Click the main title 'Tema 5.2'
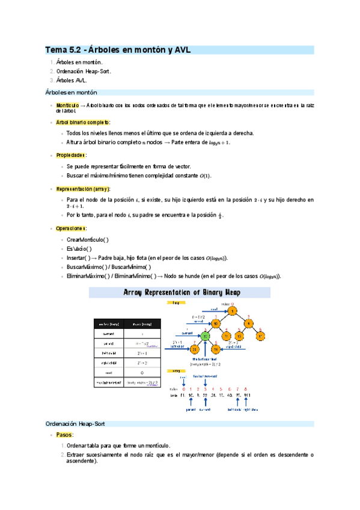(67, 50)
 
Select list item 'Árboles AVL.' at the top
(72, 79)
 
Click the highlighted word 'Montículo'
(68, 105)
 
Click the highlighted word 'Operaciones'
(72, 229)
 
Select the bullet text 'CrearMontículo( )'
(88, 239)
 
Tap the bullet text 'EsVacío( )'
(79, 248)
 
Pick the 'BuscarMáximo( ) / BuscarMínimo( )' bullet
(109, 267)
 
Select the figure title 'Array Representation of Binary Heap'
(180, 292)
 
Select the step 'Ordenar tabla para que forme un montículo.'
(118, 446)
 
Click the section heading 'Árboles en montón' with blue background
(72, 93)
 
